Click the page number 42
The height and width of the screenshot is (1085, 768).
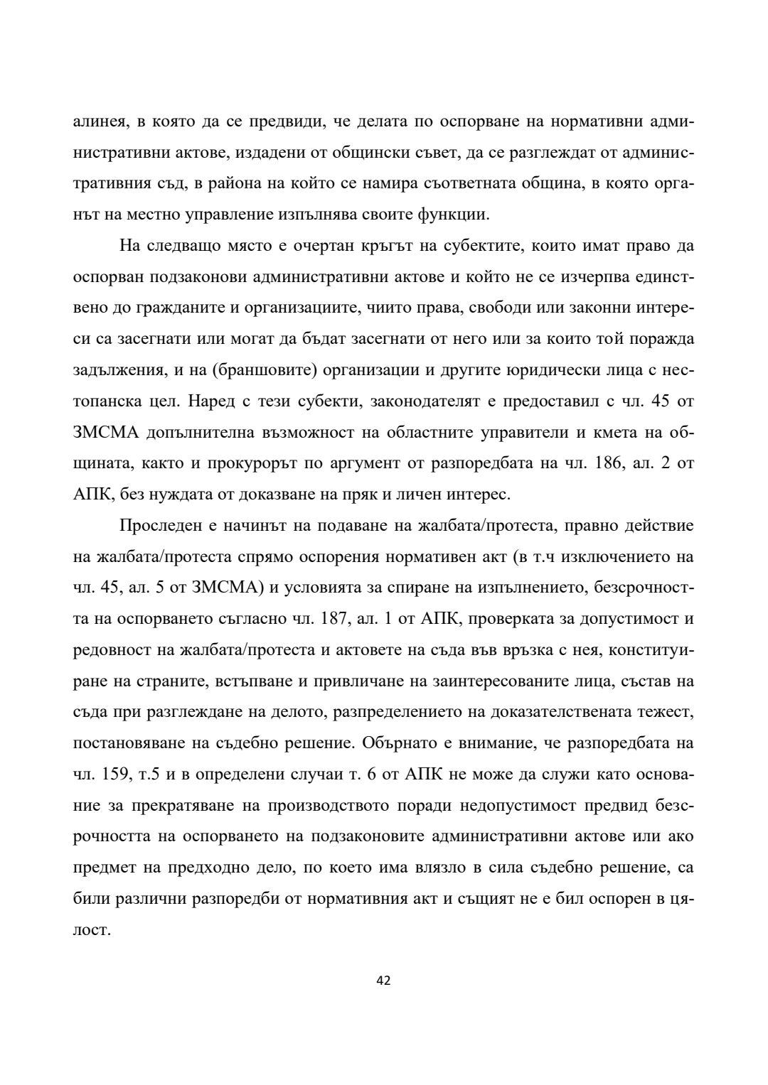(383, 981)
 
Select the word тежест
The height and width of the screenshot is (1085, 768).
(668, 713)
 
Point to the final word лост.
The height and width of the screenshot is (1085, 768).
(92, 930)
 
